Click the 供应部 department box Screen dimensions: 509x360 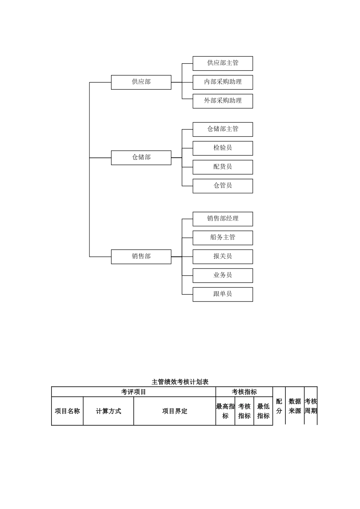point(141,82)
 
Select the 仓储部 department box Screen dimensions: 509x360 point(141,158)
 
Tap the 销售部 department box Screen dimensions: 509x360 point(141,256)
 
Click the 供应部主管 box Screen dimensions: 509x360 point(222,63)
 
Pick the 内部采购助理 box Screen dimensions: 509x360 point(222,82)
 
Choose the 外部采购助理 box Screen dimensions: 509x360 point(222,101)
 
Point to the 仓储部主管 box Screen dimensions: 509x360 point(222,129)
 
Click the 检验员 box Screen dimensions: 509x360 point(222,148)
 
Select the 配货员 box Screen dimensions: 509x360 point(222,167)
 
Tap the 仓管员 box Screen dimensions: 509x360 point(222,186)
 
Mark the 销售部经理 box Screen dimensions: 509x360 point(222,219)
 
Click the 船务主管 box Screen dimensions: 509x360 point(222,238)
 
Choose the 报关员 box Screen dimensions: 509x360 point(222,256)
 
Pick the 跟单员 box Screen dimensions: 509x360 point(222,294)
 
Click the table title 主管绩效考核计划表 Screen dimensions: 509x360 point(180,382)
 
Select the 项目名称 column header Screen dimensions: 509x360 point(67,411)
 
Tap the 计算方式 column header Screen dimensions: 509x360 point(108,411)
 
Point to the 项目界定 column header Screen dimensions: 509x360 point(175,411)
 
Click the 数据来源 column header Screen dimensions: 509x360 point(295,406)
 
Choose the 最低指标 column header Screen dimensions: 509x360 point(263,411)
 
